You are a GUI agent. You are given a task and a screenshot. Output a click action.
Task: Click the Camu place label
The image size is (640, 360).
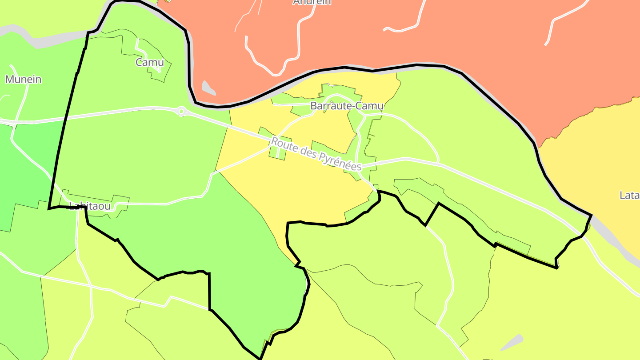[150, 62]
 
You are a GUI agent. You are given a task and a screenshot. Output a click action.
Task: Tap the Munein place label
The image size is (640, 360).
[23, 80]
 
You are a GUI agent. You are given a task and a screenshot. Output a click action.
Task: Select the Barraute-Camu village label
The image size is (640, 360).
[347, 106]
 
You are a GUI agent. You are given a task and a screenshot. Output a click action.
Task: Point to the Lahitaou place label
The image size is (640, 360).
[90, 206]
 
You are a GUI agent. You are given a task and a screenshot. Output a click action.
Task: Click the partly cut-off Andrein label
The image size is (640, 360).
[312, 2]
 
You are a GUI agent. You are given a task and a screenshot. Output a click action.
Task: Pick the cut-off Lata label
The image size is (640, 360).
[629, 195]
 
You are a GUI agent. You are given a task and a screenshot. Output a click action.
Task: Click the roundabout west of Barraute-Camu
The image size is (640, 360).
[181, 111]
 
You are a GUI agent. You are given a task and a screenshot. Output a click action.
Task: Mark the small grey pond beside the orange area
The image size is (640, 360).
[208, 88]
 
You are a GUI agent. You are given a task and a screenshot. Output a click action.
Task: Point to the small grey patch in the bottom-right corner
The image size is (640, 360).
[512, 342]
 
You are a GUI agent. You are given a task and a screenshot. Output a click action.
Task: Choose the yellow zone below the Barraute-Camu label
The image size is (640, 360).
[311, 191]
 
